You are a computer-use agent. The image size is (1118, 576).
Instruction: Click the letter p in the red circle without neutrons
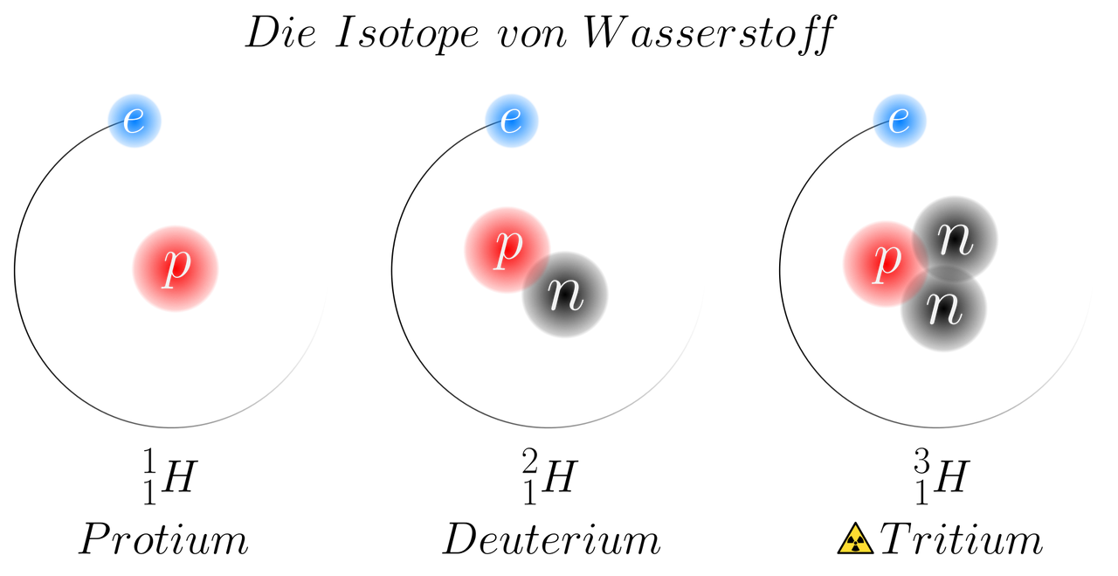click(176, 267)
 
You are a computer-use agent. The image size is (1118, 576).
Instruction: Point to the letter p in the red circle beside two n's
click(887, 261)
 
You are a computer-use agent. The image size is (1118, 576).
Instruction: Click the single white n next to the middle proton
click(566, 295)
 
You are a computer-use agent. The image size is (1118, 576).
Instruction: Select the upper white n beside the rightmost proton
click(955, 239)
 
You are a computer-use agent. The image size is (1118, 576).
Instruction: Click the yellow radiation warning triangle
click(855, 540)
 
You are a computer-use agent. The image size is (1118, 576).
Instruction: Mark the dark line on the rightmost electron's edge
click(880, 128)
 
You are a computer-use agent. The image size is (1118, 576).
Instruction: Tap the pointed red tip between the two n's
click(923, 270)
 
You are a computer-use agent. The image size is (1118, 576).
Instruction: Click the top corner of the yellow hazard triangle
click(855, 528)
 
